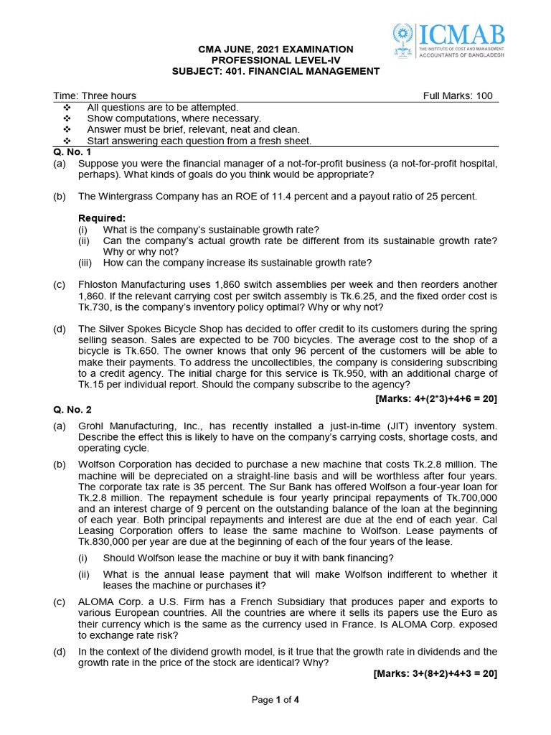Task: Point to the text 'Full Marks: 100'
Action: point(458,95)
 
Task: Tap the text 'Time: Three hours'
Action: point(95,95)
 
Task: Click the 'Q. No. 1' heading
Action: point(72,152)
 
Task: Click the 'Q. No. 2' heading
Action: point(72,409)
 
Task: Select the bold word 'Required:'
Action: point(102,218)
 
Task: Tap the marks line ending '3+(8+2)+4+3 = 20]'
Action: point(435,674)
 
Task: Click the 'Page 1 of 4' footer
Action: point(275,700)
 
